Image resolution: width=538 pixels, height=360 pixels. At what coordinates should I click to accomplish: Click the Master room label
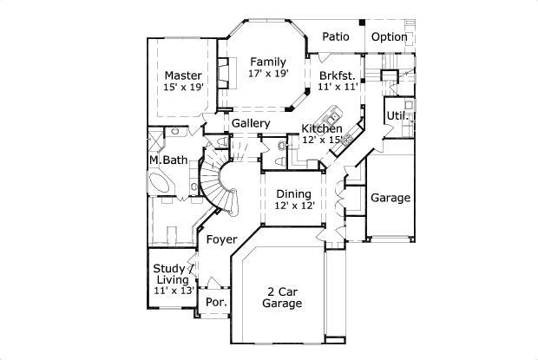pos(183,75)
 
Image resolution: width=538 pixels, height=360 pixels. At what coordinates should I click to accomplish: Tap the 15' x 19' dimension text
pos(183,88)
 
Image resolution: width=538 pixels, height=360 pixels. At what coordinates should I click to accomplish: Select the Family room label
pos(268,62)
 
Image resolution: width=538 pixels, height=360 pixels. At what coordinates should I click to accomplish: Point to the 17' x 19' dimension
pos(268,75)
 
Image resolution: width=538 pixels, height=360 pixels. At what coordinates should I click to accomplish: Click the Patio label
pos(336,36)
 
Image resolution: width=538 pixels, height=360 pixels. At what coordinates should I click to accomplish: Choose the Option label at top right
pos(390,36)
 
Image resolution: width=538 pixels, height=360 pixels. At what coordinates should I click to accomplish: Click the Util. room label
pos(397,115)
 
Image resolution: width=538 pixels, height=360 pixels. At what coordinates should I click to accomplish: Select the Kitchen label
pos(321,128)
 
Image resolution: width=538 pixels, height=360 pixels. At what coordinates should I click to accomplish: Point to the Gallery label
pos(250,123)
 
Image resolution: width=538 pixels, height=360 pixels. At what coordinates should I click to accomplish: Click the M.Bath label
pos(167,160)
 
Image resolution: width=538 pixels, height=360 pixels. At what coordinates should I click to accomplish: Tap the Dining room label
pos(294,193)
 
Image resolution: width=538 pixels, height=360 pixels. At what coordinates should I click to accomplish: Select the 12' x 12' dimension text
pos(294,206)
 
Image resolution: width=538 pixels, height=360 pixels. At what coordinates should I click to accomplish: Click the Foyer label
pos(221,239)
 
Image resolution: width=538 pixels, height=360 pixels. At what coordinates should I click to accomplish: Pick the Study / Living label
pos(174,274)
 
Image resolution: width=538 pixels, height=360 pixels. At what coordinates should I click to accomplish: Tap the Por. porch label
pos(215,302)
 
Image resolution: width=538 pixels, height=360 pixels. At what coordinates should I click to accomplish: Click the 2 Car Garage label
pos(283,298)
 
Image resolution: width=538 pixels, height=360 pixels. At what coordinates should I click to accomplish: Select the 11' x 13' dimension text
pos(174,291)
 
